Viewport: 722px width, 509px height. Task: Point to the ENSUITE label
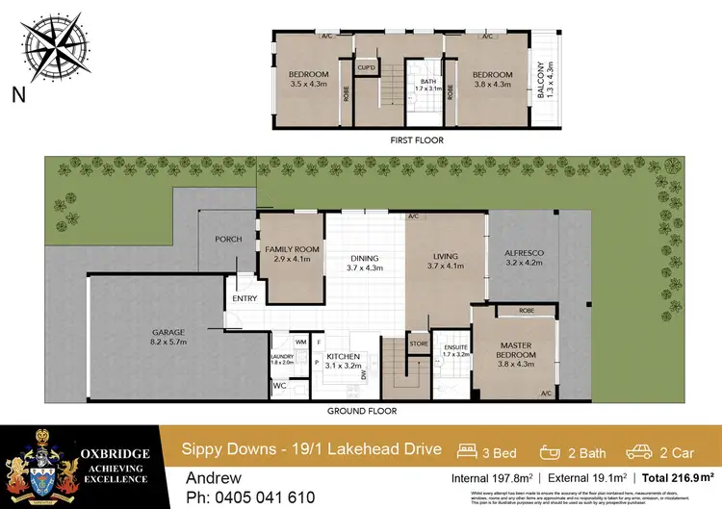[451, 349]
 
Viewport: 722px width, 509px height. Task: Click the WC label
[280, 386]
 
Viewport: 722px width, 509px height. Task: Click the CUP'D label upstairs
[367, 67]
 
